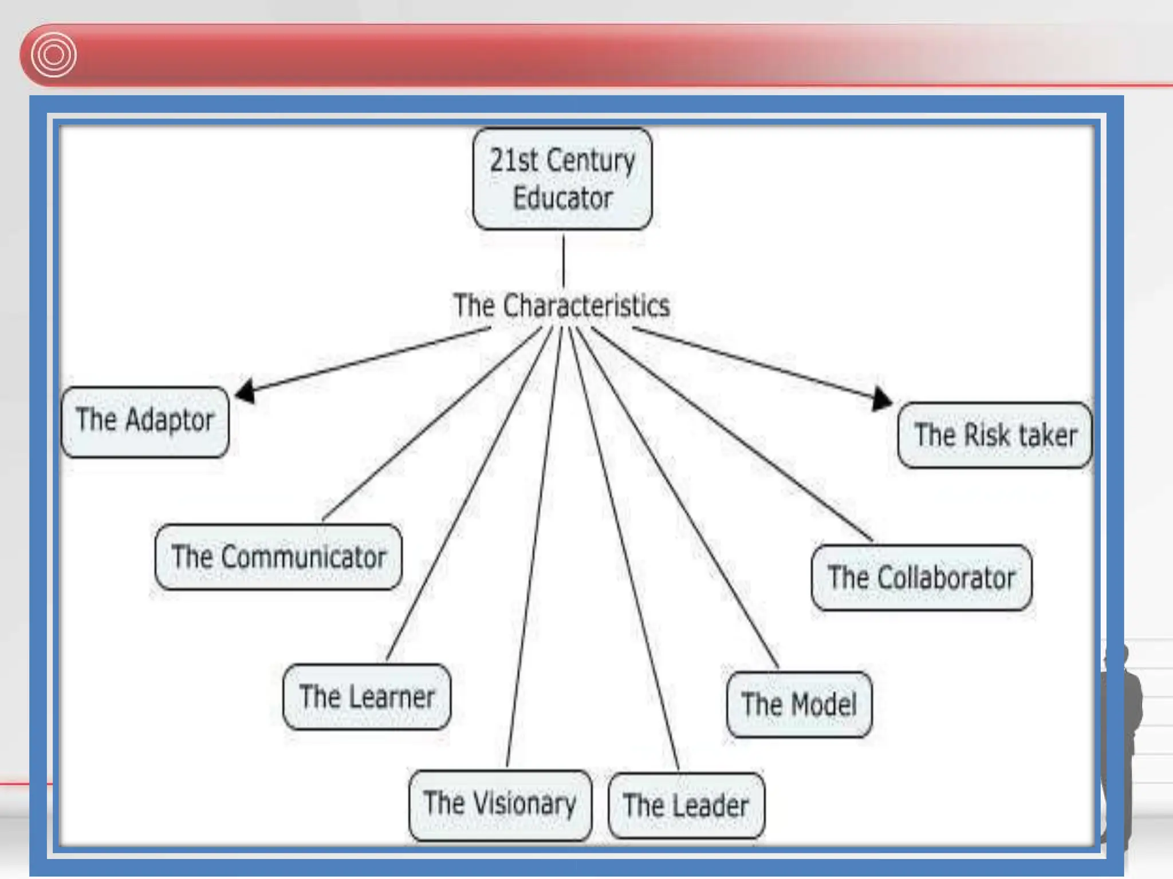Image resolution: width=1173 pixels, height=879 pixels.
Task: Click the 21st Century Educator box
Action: [x=562, y=179]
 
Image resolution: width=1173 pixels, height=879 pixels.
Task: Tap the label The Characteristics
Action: [x=561, y=306]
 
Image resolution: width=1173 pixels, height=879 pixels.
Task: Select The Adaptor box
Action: [x=145, y=422]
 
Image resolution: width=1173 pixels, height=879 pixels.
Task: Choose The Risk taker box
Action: [x=995, y=435]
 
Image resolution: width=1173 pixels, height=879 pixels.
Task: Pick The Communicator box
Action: [x=278, y=557]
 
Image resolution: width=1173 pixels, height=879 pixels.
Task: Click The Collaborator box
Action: [x=922, y=577]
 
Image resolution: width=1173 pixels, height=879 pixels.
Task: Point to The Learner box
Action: [x=367, y=696]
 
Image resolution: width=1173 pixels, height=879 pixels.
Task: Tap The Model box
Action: [x=799, y=704]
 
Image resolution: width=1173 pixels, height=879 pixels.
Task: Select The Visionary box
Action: [x=500, y=804]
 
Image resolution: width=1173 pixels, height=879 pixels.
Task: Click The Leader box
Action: [x=686, y=806]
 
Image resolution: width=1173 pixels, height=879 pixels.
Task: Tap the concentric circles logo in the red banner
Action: [x=53, y=55]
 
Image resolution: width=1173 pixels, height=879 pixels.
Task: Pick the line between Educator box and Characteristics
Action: [x=563, y=260]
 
